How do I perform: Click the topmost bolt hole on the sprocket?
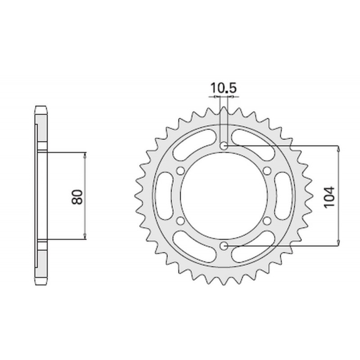(x=224, y=146)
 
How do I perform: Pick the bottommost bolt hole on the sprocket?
(x=224, y=245)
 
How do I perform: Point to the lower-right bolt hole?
(x=267, y=220)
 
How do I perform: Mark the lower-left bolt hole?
(x=181, y=220)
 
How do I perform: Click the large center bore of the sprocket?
(x=224, y=196)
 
